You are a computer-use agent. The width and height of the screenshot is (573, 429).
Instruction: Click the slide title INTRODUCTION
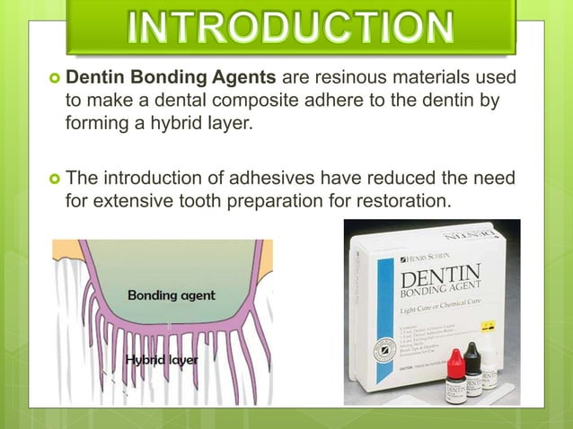point(289,26)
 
